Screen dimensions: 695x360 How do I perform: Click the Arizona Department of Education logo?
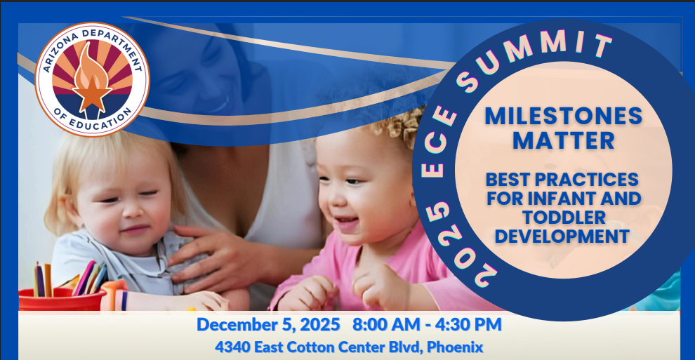(92, 79)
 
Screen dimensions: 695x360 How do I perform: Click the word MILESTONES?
(563, 116)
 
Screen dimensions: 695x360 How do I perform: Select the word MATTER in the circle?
(563, 140)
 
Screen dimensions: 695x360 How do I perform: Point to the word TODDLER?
(564, 218)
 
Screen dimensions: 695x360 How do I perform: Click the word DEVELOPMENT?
(562, 236)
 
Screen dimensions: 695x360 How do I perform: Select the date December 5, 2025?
(268, 325)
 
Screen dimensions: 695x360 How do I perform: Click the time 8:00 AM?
(386, 325)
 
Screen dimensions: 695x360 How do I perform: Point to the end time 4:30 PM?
(468, 325)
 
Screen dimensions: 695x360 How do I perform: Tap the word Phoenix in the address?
(455, 347)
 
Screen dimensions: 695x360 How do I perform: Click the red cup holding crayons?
(61, 300)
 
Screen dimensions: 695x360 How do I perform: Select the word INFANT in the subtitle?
(562, 199)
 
